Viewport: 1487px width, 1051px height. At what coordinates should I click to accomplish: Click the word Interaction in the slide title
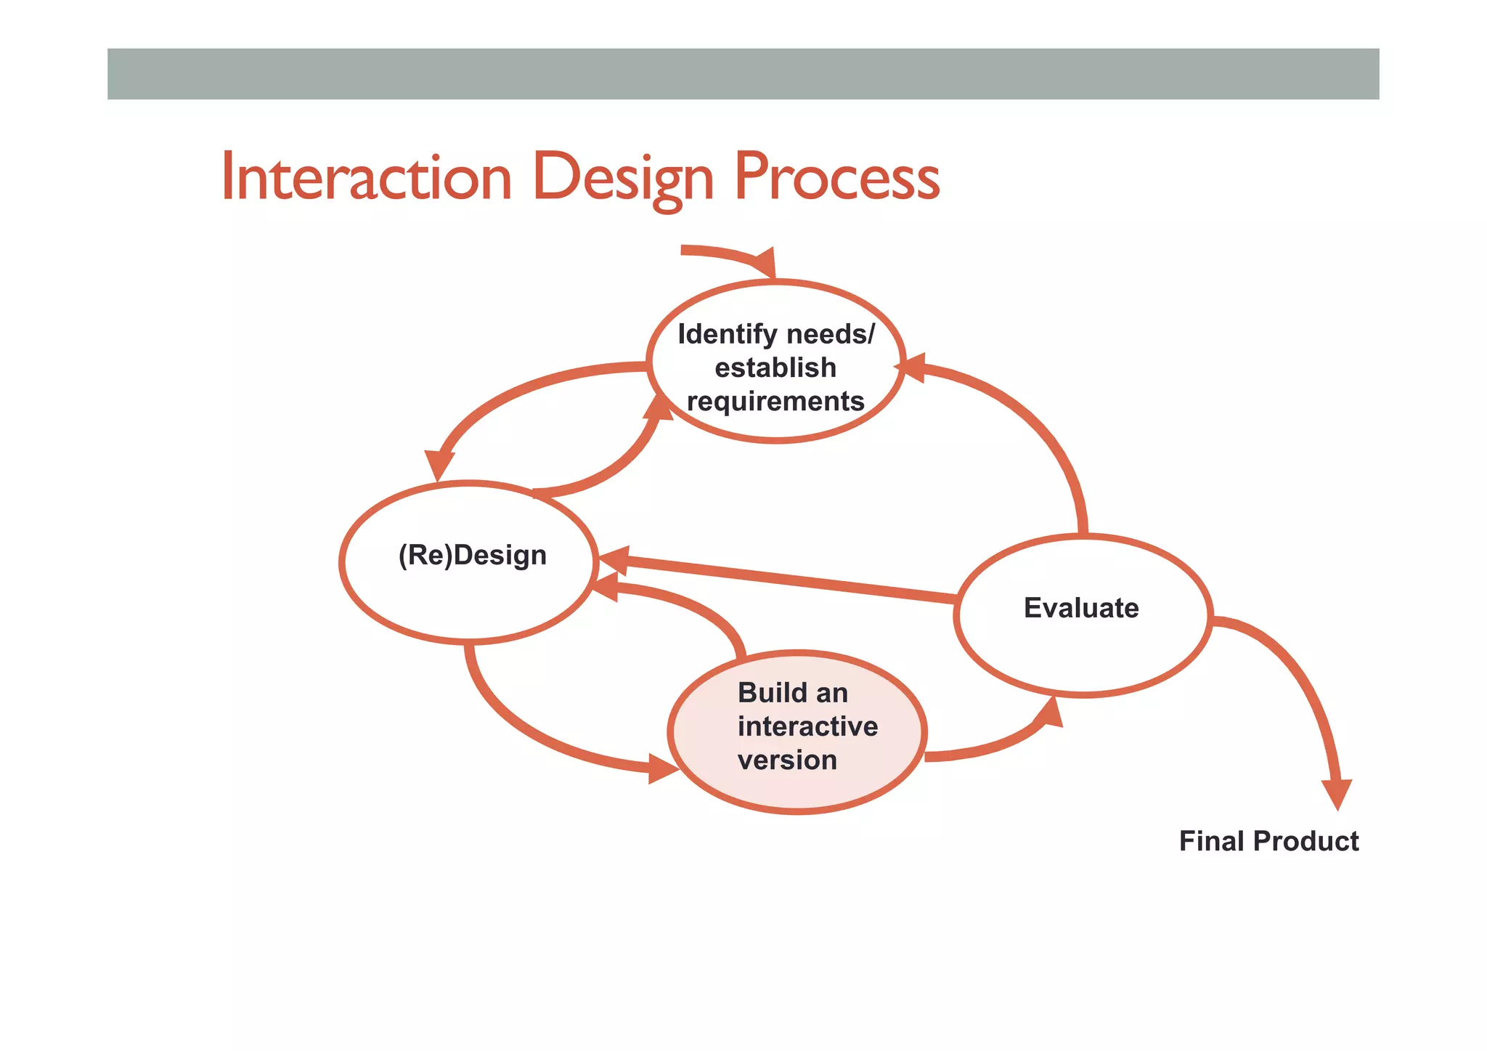tap(367, 177)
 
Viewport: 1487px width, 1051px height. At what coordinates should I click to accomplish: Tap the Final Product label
tap(1268, 841)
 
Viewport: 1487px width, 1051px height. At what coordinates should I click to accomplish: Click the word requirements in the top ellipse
tap(775, 401)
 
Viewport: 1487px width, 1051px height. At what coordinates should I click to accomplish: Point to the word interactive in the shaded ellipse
tap(807, 726)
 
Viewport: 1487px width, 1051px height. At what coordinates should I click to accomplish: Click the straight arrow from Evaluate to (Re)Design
tap(777, 578)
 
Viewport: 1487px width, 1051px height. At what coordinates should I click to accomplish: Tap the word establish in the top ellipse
tap(775, 368)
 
